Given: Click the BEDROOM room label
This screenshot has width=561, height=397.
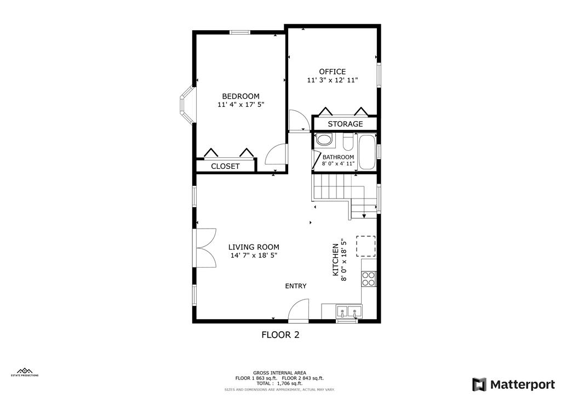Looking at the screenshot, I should [241, 96].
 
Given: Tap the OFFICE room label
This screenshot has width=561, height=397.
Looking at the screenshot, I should [333, 71].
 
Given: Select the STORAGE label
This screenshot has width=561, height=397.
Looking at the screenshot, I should [345, 124].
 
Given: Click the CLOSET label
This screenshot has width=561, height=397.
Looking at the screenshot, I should [225, 166].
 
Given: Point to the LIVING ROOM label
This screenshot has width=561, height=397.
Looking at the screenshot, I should [254, 247].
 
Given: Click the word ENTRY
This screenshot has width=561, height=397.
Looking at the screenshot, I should [296, 286].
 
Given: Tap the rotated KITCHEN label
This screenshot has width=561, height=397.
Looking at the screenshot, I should [336, 260].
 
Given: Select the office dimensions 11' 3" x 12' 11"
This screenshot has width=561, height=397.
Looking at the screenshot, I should [333, 80].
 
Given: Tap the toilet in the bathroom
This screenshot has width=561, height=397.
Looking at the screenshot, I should [347, 143].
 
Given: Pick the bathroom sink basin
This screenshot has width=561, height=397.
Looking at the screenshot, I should [324, 140].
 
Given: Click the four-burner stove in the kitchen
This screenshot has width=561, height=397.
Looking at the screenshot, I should [369, 280].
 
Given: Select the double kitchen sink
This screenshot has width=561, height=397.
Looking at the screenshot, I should [348, 313].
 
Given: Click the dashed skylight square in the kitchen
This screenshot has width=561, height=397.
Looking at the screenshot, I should [366, 246].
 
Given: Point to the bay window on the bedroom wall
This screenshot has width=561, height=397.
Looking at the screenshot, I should [186, 105].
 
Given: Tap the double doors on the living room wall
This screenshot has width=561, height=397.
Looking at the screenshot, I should [202, 247].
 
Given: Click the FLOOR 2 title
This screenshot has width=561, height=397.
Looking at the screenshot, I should [280, 334].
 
